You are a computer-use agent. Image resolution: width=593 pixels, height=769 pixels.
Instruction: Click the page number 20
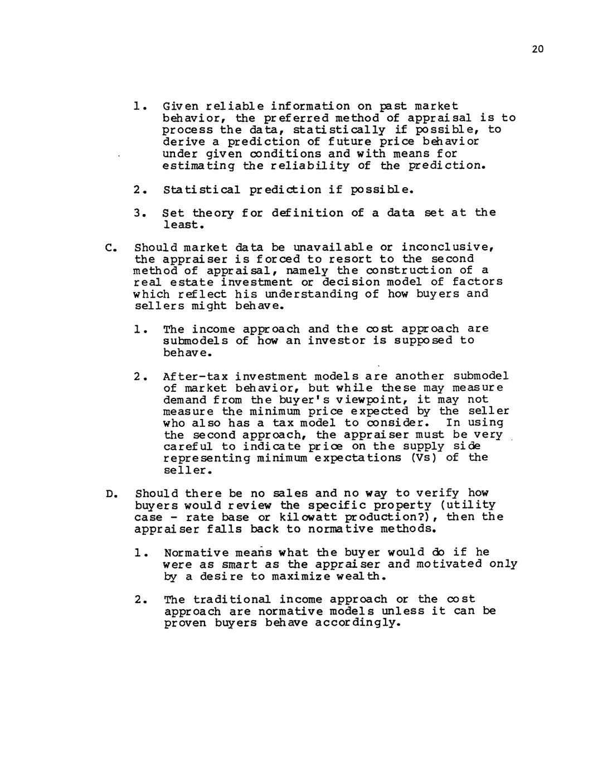click(x=537, y=50)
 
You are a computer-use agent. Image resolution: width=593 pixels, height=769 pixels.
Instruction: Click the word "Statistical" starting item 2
click(x=202, y=189)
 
